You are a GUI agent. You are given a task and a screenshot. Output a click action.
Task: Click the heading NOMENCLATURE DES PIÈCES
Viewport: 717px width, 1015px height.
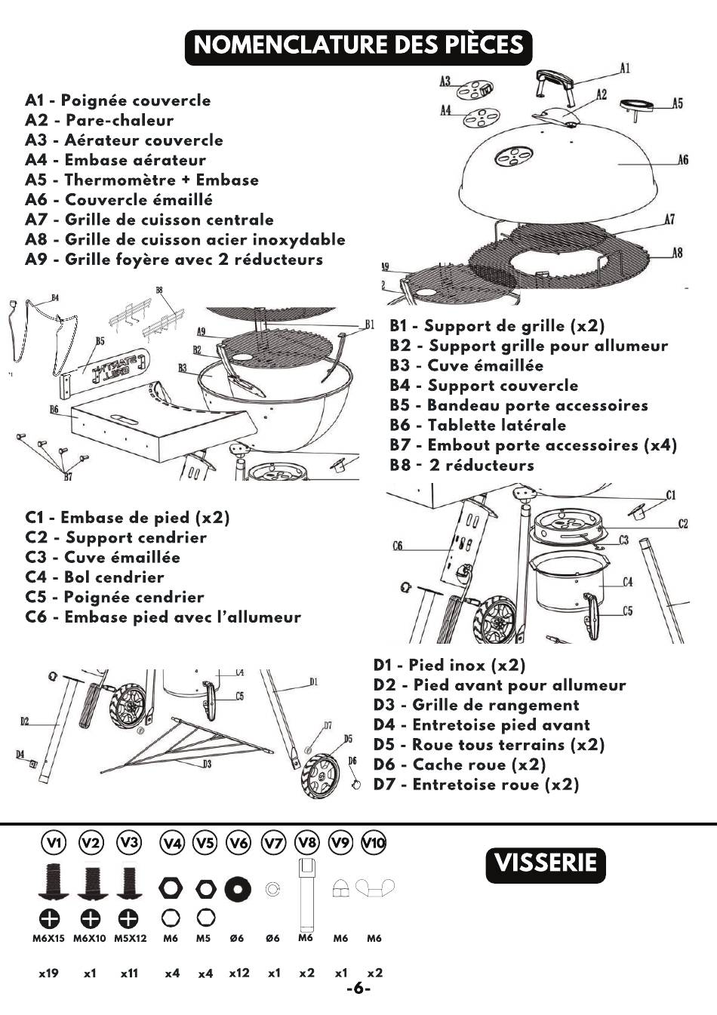358,45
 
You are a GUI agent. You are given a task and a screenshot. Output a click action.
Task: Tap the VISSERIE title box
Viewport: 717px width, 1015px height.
546,863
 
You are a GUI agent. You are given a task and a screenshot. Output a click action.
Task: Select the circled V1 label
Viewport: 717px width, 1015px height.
54,842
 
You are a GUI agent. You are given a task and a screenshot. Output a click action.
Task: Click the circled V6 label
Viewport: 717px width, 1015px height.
238,842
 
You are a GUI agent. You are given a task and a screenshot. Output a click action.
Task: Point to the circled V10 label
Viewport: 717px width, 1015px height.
374,842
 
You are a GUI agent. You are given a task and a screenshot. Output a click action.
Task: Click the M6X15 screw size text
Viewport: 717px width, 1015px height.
48,939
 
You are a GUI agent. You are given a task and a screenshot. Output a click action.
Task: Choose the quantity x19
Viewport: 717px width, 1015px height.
48,973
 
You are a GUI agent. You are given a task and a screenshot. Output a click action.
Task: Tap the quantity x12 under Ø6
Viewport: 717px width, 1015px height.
239,973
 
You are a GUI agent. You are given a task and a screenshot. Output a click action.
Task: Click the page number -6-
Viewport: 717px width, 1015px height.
358,989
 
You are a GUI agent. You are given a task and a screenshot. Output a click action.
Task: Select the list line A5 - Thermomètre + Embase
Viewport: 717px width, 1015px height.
142,180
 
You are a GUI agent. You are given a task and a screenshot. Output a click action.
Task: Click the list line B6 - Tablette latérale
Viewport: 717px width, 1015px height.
478,426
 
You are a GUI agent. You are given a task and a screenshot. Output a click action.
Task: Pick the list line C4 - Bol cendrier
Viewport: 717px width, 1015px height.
94,577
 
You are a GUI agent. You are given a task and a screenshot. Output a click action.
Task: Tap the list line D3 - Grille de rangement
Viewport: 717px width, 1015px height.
476,706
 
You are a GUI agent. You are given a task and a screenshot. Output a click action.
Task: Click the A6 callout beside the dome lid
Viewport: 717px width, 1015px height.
682,160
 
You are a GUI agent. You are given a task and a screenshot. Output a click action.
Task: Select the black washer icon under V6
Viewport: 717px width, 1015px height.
238,888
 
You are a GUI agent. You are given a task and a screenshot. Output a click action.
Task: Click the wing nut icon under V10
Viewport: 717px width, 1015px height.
374,887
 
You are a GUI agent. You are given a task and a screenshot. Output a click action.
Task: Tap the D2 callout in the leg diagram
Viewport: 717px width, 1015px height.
25,722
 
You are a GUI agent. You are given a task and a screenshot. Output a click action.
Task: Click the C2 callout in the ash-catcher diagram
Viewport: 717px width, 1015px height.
682,524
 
